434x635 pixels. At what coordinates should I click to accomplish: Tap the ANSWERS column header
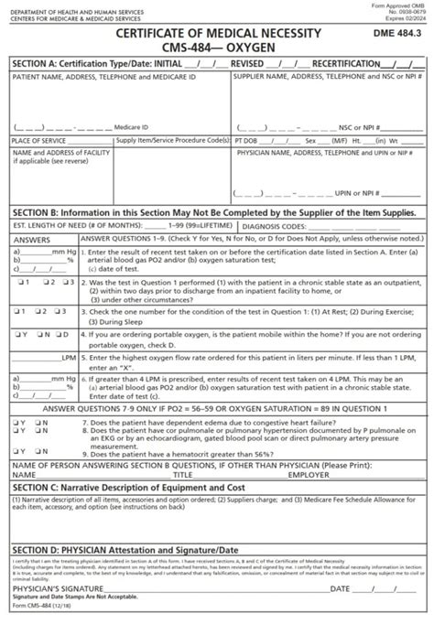(32, 237)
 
